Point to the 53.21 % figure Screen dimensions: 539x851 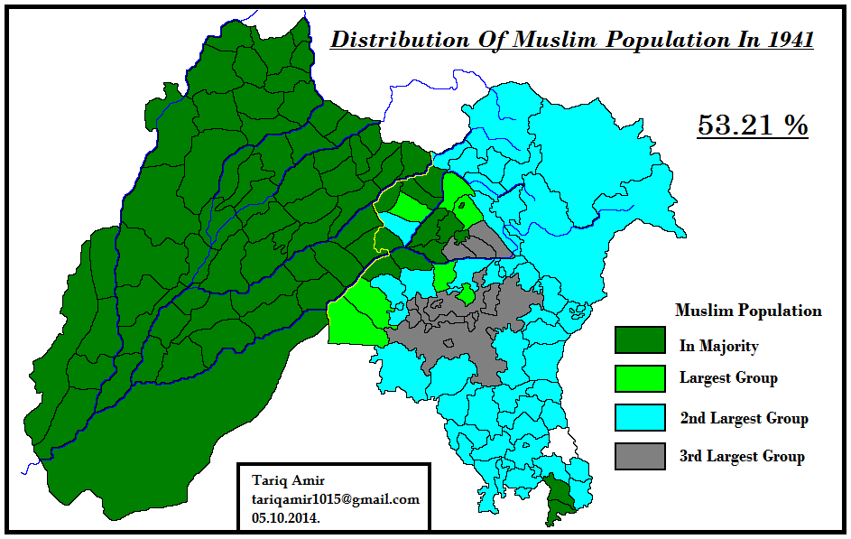click(x=753, y=125)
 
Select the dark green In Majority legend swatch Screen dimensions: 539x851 click(x=640, y=340)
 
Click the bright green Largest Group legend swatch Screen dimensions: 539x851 click(x=640, y=377)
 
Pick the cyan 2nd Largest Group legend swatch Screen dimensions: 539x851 click(x=640, y=417)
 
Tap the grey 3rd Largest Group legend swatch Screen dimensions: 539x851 click(x=640, y=456)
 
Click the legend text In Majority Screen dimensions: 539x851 click(x=718, y=346)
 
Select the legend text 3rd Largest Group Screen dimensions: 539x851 click(x=741, y=456)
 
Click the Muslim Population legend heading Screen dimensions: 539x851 click(x=748, y=311)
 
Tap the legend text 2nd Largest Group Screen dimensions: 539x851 click(x=744, y=418)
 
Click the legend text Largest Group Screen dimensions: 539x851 click(x=727, y=377)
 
